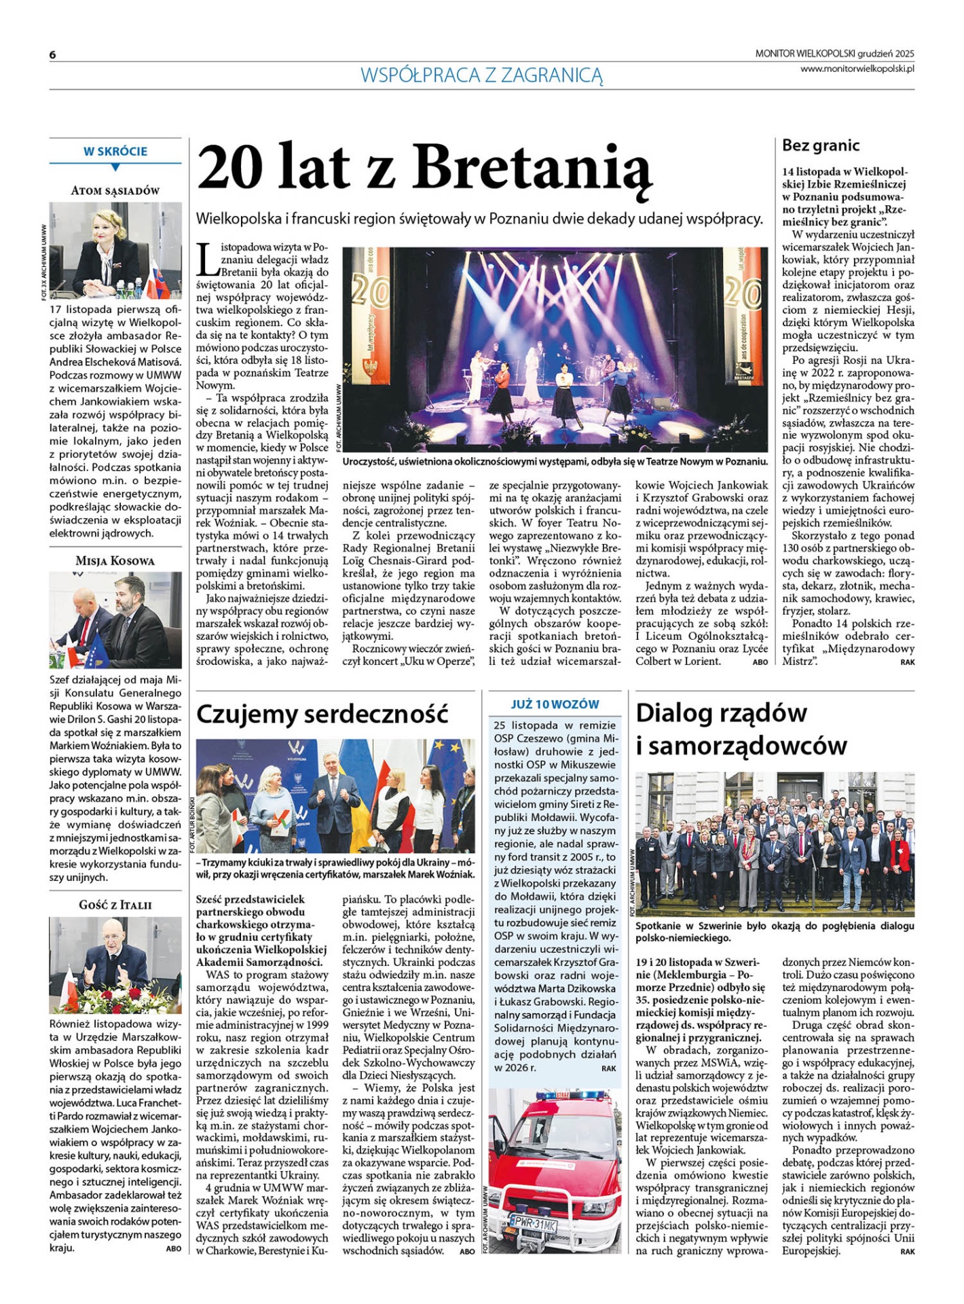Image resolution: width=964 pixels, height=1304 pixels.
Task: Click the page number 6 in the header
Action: pyautogui.click(x=52, y=55)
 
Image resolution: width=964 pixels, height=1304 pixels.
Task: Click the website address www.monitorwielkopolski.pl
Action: pyautogui.click(x=857, y=69)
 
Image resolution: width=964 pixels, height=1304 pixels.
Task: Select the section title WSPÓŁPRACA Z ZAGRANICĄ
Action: pyautogui.click(x=481, y=75)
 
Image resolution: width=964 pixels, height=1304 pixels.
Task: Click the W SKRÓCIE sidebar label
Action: pyautogui.click(x=115, y=151)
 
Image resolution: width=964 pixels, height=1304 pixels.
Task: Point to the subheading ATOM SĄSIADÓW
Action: pyautogui.click(x=115, y=191)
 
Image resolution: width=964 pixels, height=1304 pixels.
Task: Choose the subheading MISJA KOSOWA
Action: pyautogui.click(x=115, y=561)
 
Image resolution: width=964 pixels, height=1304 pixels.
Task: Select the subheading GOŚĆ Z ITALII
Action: pyautogui.click(x=115, y=905)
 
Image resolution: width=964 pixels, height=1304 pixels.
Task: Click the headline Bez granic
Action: pyautogui.click(x=821, y=145)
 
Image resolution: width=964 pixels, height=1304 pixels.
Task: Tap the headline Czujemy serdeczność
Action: pyautogui.click(x=322, y=714)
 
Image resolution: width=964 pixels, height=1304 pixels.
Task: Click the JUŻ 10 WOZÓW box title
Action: pyautogui.click(x=555, y=704)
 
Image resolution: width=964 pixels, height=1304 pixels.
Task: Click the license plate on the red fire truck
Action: pyautogui.click(x=533, y=1225)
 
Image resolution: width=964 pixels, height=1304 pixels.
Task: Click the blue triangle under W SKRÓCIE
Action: pyautogui.click(x=115, y=167)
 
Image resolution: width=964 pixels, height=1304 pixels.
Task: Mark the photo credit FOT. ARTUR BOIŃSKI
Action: pyautogui.click(x=193, y=825)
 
